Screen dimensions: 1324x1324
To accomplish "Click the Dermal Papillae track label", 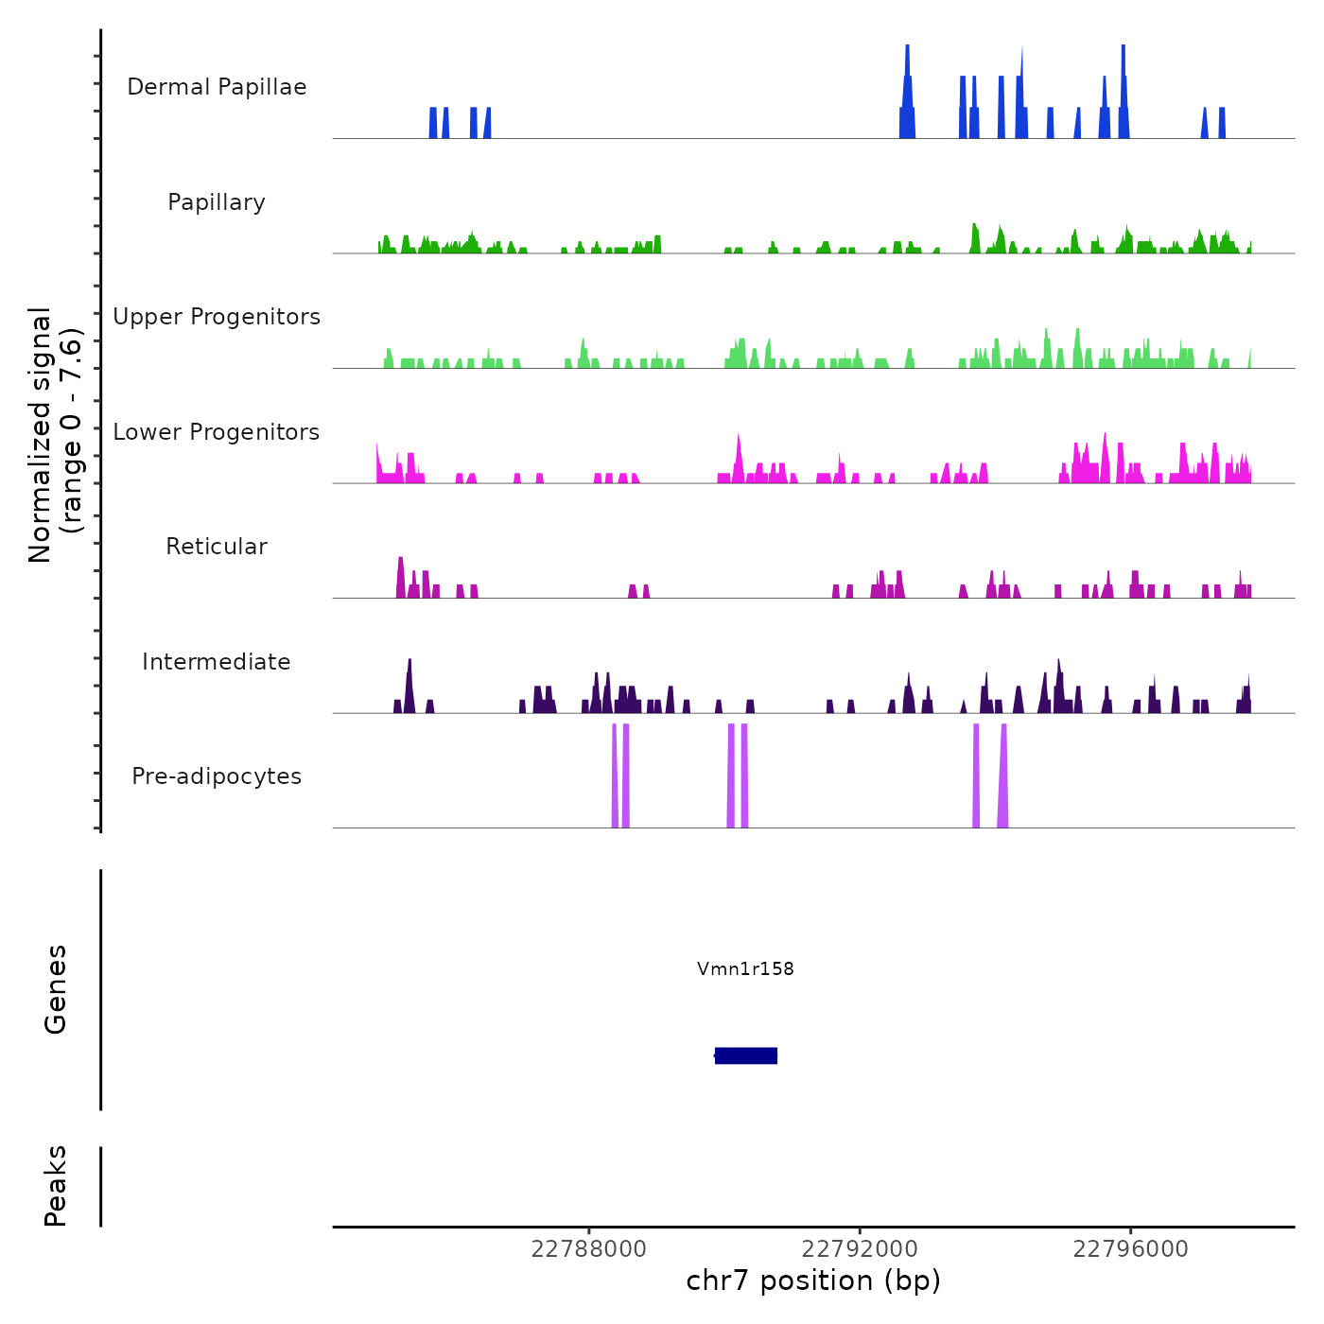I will [217, 87].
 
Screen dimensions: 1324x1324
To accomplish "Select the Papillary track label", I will [217, 202].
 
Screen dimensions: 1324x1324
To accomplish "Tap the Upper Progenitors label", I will [217, 317].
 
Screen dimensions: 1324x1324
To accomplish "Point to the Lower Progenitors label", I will [217, 432].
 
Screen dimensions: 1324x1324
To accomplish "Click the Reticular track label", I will [217, 547].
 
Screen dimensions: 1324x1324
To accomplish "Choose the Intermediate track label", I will [217, 662].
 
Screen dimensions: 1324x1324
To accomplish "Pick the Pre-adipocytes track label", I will [217, 776].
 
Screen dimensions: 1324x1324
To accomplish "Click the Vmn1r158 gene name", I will [745, 968].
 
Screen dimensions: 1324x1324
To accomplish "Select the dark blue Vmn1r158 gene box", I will [746, 1055].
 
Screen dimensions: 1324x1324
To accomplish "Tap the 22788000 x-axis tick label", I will [589, 1249].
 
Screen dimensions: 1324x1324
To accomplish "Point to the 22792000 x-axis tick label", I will [860, 1249].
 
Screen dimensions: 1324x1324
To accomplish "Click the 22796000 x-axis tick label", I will [1130, 1249].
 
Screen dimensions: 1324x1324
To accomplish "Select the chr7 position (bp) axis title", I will [813, 1280].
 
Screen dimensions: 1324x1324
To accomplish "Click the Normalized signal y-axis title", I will [55, 434].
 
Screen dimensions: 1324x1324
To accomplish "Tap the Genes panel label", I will [56, 989].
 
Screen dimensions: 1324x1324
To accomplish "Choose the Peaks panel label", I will [56, 1186].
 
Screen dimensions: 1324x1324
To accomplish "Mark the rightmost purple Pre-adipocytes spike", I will [1003, 775].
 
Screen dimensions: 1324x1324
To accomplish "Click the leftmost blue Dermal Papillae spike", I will [433, 123].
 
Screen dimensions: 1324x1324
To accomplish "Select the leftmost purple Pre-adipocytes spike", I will [615, 775].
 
